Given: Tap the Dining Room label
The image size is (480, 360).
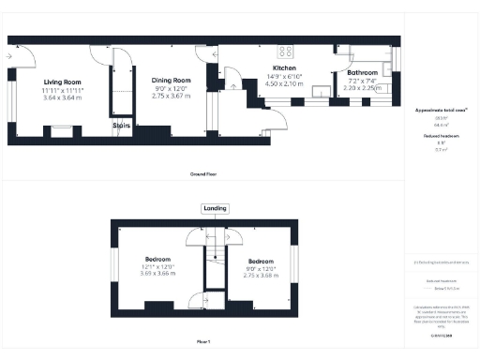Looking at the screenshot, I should tap(171, 81).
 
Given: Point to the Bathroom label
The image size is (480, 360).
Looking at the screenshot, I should tap(362, 72).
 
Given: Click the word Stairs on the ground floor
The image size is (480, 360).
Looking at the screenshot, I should tap(122, 124).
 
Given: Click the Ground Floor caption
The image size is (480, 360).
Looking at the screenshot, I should tap(204, 173).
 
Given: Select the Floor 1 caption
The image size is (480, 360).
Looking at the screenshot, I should tap(204, 342).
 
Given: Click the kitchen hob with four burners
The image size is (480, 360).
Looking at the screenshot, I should tap(284, 52).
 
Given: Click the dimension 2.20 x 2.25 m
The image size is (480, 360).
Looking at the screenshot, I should tap(362, 87).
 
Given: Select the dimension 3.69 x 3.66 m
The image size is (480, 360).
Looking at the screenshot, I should tap(157, 275).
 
